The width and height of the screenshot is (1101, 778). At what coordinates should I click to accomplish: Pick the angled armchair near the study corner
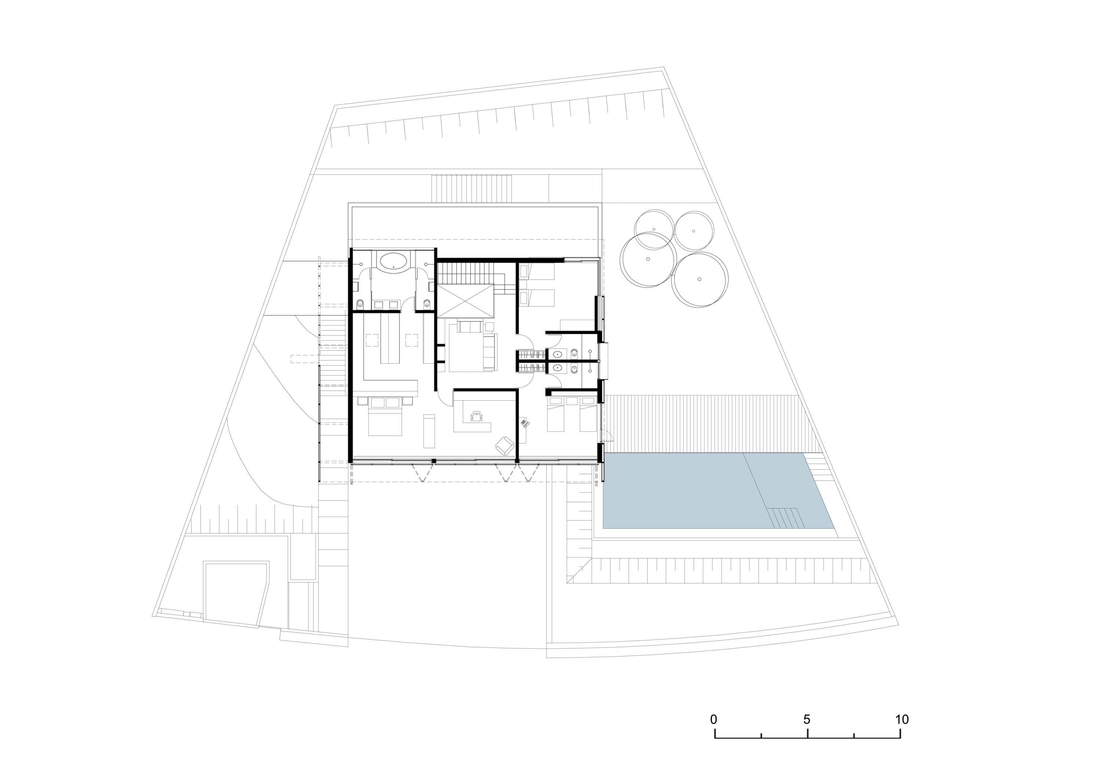505,445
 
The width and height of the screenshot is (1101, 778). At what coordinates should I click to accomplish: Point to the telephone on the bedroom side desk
526,423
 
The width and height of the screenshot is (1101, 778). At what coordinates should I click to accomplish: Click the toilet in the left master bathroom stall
360,303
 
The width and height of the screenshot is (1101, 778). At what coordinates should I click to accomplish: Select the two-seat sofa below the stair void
470,327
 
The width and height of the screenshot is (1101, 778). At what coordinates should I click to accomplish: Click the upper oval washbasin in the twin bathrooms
557,355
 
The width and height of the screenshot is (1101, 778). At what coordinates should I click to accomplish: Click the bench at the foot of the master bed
429,431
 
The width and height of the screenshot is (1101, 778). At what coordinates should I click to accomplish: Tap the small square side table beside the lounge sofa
490,327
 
